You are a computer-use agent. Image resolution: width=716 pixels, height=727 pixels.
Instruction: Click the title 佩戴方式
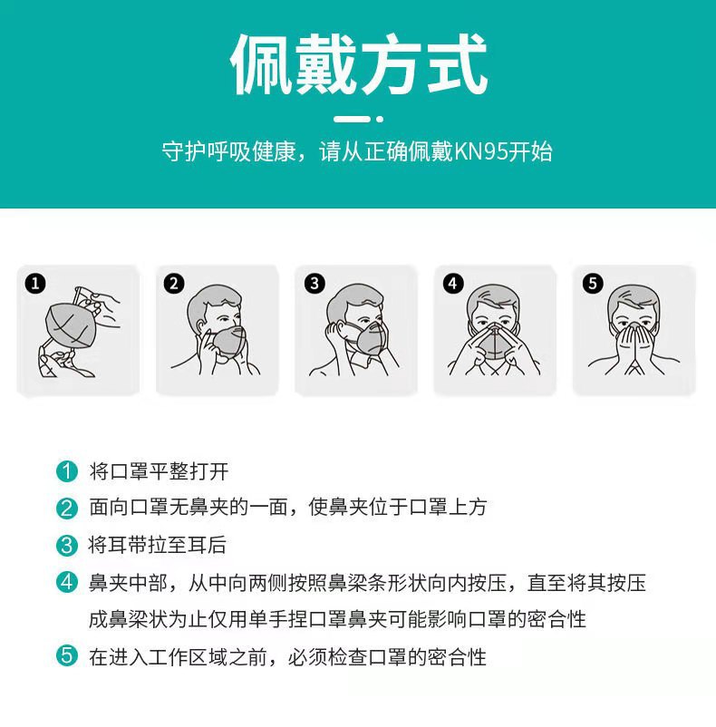pos(358,66)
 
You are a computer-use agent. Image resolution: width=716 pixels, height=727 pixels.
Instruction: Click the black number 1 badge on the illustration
pos(34,284)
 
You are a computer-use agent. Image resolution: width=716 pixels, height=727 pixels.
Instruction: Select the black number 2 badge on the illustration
pos(174,284)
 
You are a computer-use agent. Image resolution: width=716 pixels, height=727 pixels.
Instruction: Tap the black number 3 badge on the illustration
pos(314,284)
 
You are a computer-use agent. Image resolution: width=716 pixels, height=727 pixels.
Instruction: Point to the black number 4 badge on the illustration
pos(453,284)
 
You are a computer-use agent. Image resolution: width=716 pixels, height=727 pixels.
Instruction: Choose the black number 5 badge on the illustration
pos(593,284)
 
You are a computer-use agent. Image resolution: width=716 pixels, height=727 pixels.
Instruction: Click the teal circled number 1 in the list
pos(66,471)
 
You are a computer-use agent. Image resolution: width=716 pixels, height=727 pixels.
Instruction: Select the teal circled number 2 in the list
pos(66,508)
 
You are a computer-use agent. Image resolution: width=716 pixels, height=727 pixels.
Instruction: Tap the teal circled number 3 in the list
pos(66,545)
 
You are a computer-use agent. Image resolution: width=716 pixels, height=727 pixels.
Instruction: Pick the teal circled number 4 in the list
pos(66,582)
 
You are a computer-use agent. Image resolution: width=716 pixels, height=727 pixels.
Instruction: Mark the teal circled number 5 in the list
pos(66,656)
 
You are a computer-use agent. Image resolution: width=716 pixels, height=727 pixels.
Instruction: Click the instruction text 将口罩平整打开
pos(159,471)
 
